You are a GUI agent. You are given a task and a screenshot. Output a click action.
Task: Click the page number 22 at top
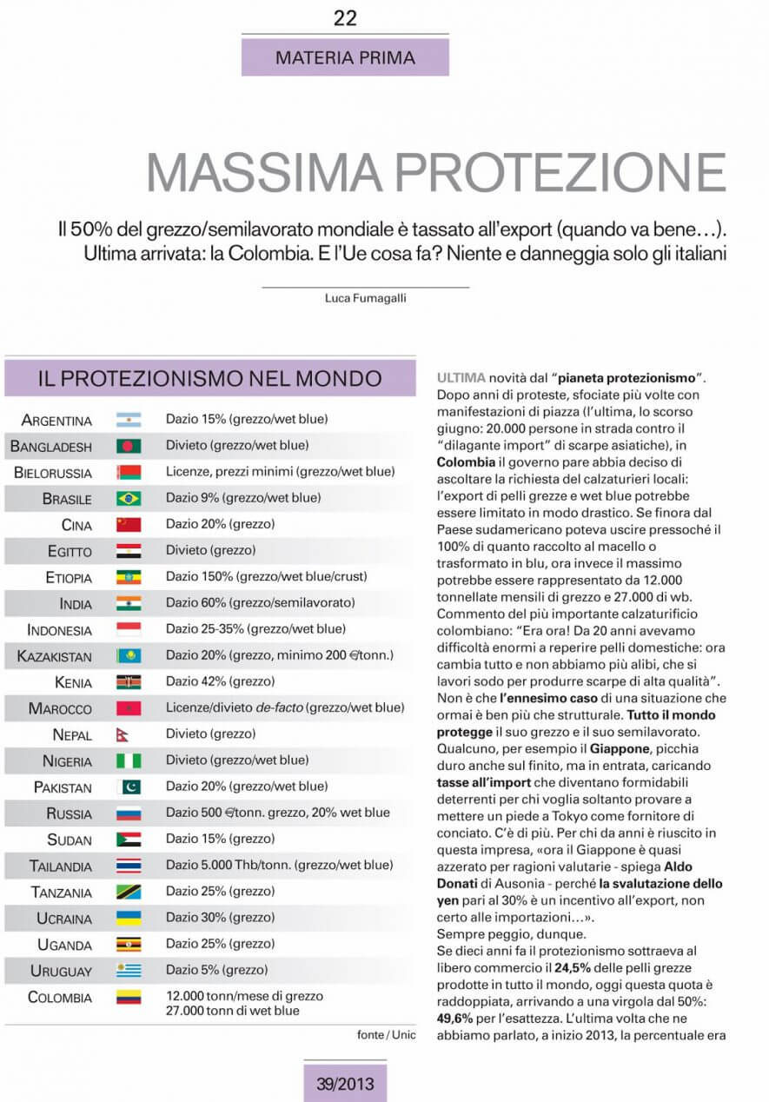[345, 18]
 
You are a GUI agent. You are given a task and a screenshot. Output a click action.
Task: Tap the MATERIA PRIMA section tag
[345, 58]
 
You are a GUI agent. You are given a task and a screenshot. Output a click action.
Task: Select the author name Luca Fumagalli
[365, 298]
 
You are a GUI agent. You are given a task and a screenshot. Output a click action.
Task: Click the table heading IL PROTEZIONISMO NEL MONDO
[209, 379]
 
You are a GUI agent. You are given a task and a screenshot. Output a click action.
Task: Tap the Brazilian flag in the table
[129, 499]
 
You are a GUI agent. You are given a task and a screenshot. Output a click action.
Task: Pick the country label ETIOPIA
[68, 578]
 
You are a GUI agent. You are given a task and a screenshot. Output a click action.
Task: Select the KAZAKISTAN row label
[54, 656]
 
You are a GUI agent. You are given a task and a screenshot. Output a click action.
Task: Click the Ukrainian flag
[129, 918]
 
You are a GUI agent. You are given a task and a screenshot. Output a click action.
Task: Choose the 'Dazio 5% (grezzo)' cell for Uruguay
[216, 970]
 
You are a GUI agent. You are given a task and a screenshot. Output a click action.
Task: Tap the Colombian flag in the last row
[129, 997]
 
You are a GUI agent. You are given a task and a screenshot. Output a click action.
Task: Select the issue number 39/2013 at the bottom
[345, 1083]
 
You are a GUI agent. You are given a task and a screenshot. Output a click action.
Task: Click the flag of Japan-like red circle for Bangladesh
[129, 447]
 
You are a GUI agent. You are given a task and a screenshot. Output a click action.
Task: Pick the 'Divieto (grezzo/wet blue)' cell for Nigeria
[237, 760]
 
